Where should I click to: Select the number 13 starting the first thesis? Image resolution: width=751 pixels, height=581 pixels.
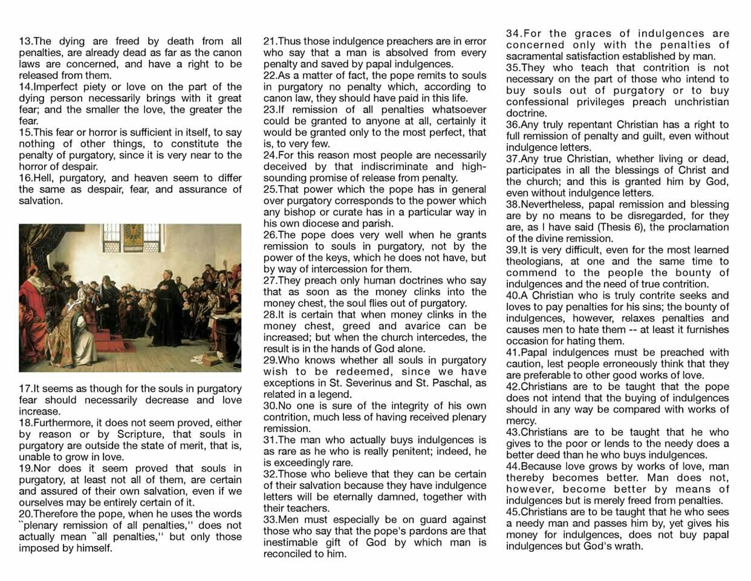(25, 42)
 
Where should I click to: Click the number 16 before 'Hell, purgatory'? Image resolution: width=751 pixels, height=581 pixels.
(25, 178)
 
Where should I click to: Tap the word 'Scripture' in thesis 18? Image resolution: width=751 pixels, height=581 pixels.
(138, 435)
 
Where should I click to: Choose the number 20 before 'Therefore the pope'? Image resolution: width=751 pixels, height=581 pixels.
(25, 514)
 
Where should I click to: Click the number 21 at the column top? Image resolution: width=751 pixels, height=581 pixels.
(270, 42)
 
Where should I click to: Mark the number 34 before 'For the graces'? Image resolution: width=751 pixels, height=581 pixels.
(513, 34)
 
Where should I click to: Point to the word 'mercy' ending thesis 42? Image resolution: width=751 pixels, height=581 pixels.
(521, 421)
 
